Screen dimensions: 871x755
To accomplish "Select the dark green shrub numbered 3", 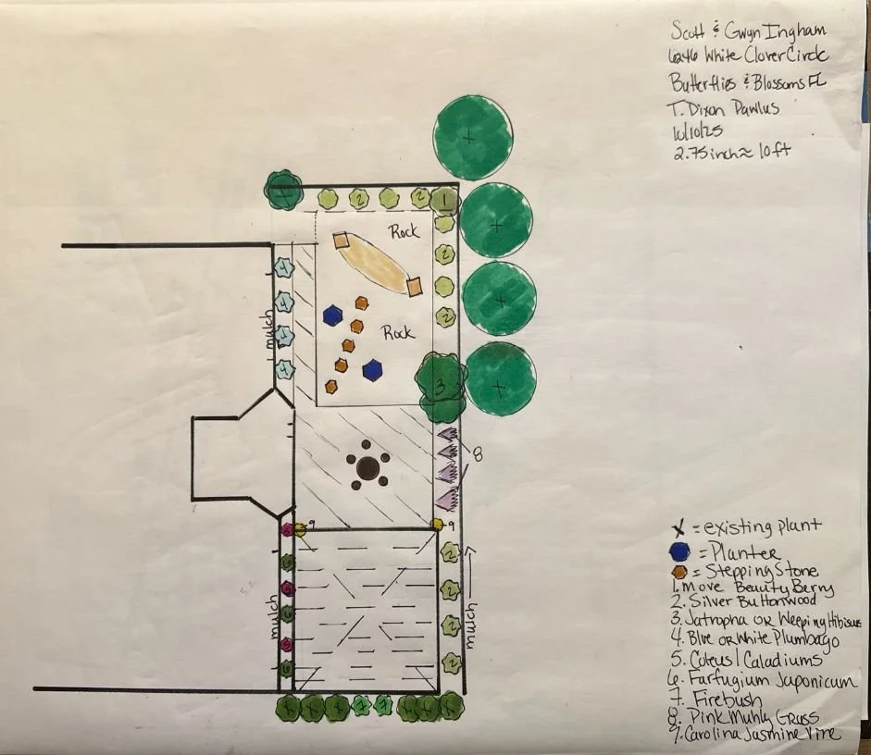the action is tap(441, 385).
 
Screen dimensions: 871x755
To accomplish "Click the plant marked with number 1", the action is tap(445, 199).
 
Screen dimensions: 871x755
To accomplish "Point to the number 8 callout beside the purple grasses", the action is tap(478, 453).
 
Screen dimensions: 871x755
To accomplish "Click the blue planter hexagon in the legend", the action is tap(680, 552).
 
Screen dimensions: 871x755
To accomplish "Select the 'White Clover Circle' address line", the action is tap(754, 55).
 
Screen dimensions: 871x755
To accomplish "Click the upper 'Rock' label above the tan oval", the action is tap(404, 231).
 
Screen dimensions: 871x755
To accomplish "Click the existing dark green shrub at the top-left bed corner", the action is tap(281, 192).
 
